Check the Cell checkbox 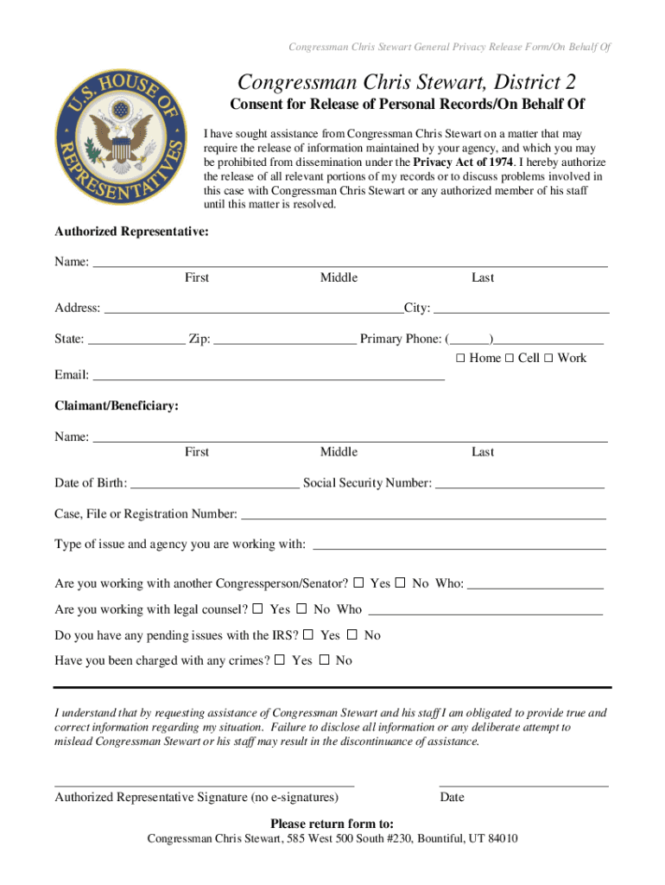coord(510,358)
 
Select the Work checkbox coord(548,358)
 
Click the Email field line coord(268,376)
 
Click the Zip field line coord(284,340)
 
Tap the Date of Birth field coord(214,483)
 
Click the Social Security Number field coord(520,483)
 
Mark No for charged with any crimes coord(324,660)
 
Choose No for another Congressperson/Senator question coord(401,583)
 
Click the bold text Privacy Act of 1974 coord(464,162)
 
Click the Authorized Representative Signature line coord(205,783)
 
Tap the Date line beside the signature coord(523,783)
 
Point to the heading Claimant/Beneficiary coord(117,406)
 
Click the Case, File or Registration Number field coord(423,515)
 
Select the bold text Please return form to coord(332,823)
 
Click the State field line coord(136,340)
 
